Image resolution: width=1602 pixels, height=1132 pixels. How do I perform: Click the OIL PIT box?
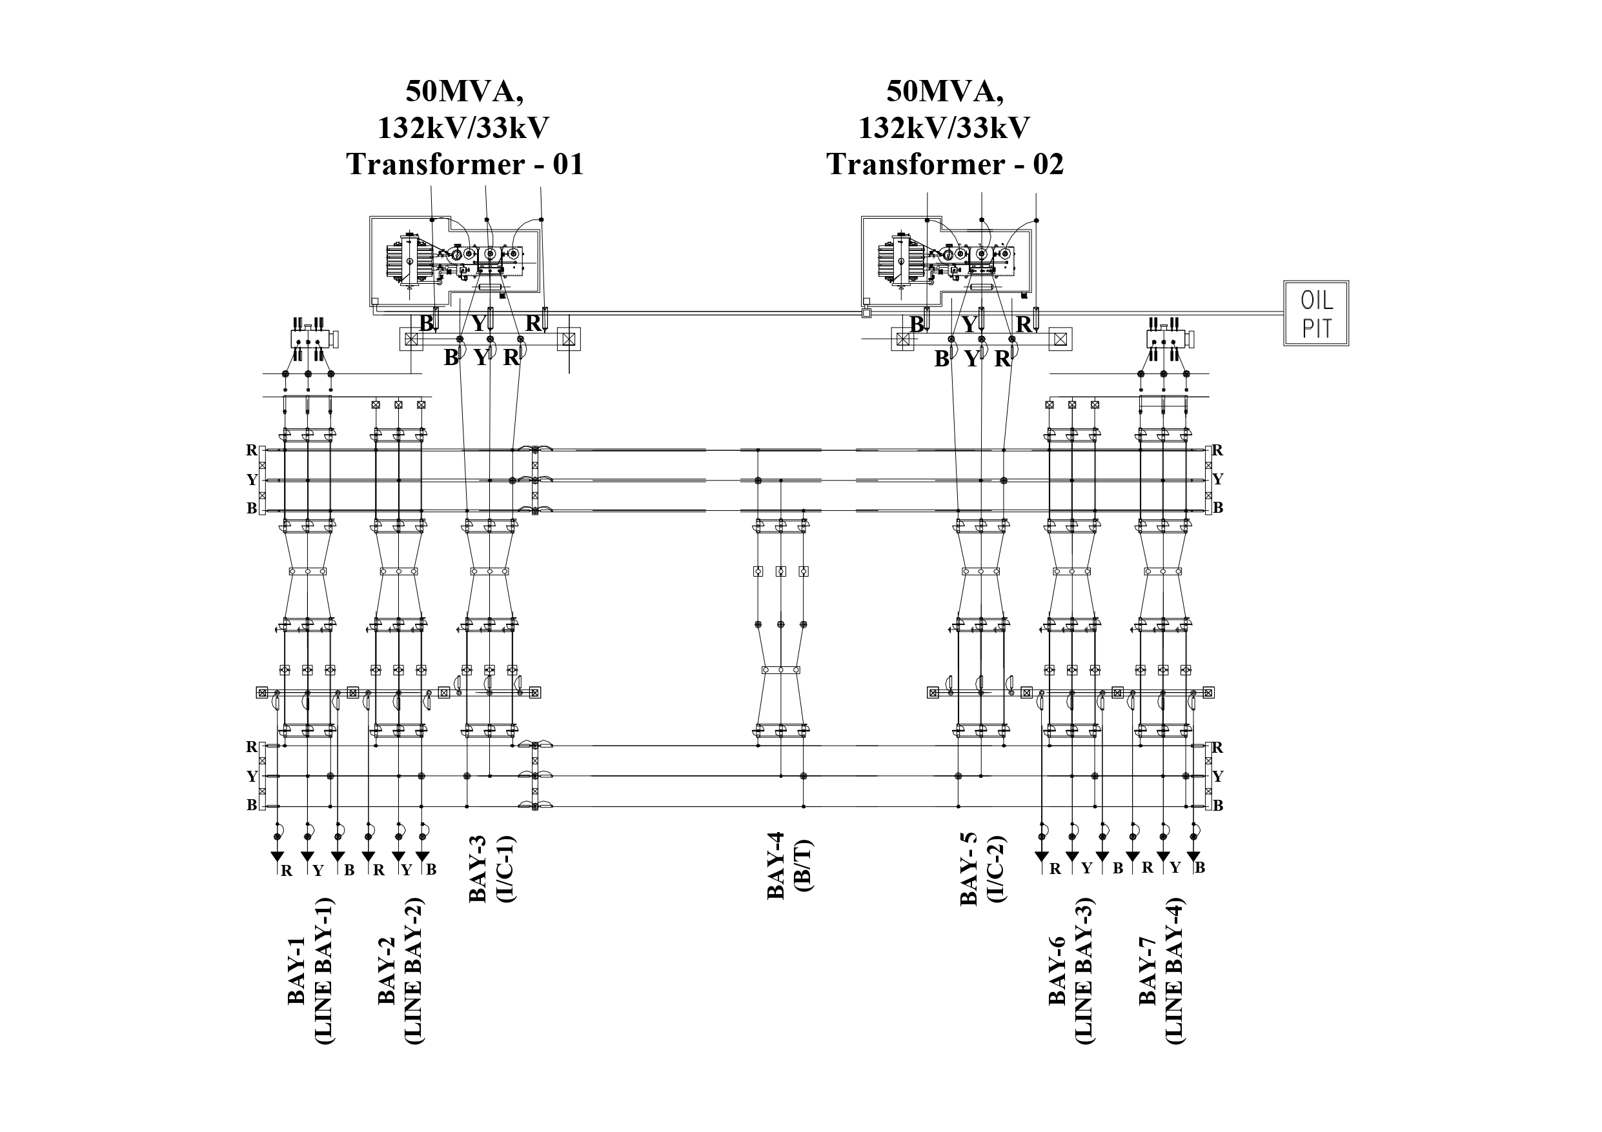1316,313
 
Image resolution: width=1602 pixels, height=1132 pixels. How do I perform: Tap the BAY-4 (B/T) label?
789,866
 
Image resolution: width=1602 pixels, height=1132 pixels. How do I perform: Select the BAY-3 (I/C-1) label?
491,868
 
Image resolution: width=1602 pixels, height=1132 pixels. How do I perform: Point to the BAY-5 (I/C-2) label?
982,869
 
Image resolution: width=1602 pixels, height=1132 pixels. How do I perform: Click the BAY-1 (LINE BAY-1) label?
310,970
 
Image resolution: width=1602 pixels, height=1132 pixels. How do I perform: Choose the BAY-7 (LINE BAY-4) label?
1161,970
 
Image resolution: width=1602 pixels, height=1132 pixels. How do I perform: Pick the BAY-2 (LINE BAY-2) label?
400,970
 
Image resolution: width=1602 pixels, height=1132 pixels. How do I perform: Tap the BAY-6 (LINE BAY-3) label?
1071,970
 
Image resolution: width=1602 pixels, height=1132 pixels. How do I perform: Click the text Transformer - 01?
465,164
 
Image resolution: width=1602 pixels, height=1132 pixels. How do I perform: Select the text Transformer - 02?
945,164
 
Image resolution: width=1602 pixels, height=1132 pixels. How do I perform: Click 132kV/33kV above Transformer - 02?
944,128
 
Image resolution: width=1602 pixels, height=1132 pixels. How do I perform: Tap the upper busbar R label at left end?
251,451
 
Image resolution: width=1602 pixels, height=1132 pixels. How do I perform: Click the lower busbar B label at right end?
1218,806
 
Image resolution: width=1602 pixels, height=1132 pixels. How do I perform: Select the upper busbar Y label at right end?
1218,479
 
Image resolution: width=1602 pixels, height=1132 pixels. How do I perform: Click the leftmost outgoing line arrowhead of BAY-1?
277,856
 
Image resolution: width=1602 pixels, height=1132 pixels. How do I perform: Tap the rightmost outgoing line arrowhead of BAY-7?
1193,856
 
